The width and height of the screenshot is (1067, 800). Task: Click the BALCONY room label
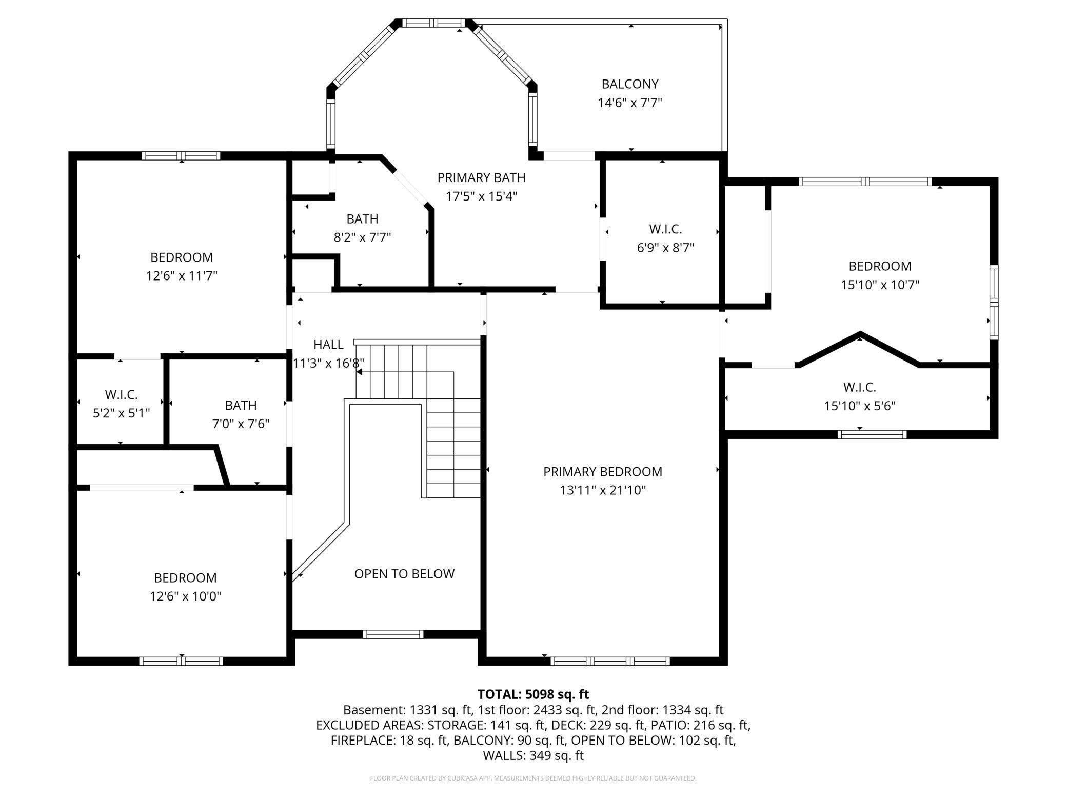[x=630, y=84]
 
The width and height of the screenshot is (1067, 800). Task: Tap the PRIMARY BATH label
[x=481, y=177]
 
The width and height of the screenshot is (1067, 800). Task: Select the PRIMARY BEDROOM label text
[x=603, y=471]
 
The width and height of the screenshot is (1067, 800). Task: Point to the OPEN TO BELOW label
[x=404, y=573]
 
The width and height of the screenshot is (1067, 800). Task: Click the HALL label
[x=328, y=344]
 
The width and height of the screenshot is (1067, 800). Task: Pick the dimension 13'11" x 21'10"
[x=603, y=490]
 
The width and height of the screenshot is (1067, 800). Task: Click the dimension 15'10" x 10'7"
[x=880, y=285]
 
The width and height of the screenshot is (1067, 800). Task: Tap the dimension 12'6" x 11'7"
[x=182, y=276]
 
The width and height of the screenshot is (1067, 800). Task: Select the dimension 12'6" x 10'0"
[x=185, y=596]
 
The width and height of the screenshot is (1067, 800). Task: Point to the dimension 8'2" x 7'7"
[x=362, y=237]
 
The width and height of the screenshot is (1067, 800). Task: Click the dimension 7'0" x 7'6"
[x=241, y=424]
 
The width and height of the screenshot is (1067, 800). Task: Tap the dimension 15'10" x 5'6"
[x=860, y=406]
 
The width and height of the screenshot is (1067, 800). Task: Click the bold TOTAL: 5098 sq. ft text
[x=533, y=694]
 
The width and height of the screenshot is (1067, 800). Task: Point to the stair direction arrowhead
[x=360, y=372]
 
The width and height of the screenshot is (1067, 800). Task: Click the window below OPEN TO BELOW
[x=393, y=634]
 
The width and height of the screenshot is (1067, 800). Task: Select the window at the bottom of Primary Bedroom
[x=610, y=661]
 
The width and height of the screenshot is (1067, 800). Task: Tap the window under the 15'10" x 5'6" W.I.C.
[x=872, y=434]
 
